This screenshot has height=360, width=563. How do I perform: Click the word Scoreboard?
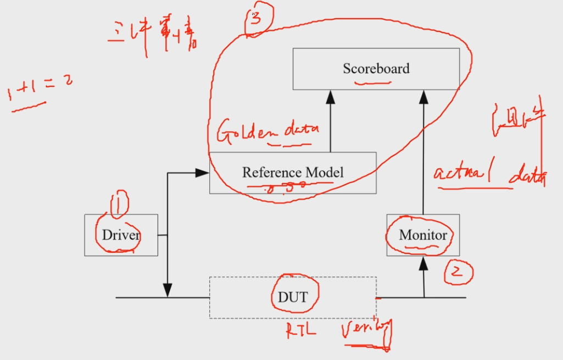point(376,69)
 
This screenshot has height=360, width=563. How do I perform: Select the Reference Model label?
point(293,172)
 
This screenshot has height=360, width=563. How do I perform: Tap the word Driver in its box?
point(121,235)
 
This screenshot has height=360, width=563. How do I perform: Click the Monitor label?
point(423,235)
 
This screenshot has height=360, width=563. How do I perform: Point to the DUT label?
point(293,297)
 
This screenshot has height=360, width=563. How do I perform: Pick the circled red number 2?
point(458,272)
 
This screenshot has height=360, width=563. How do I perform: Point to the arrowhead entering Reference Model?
point(203,173)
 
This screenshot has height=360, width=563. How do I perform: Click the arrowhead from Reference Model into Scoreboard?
point(330,97)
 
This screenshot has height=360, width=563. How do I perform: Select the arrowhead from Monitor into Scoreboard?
point(423,97)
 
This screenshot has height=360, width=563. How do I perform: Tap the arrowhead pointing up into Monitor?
point(423,264)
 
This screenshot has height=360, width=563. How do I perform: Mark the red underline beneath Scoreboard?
point(374,84)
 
